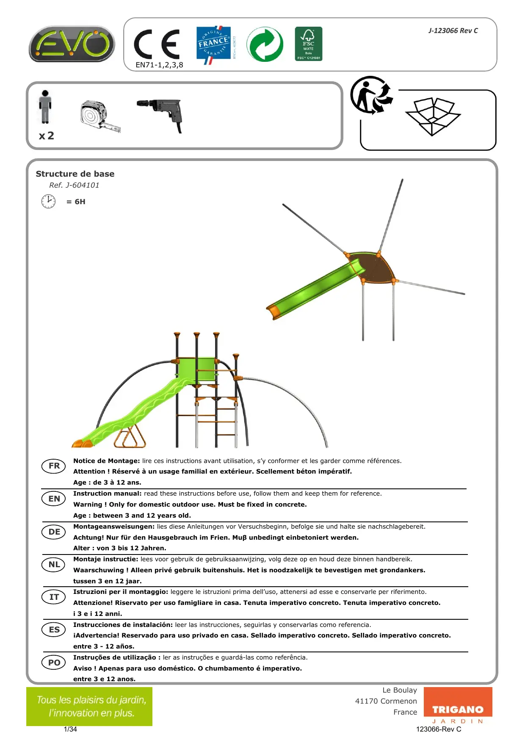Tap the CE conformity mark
(157, 44)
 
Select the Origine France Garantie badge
(214, 44)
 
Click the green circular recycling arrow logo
(265, 44)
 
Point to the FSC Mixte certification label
(308, 44)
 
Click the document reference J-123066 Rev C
(453, 30)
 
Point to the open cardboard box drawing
(433, 116)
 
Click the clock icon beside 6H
(48, 201)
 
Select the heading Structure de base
(75, 174)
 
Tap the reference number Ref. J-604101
(74, 185)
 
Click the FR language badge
(54, 466)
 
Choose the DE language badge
(54, 532)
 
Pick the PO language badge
(54, 663)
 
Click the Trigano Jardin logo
(458, 707)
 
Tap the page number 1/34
(70, 729)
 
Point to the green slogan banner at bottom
(89, 706)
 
